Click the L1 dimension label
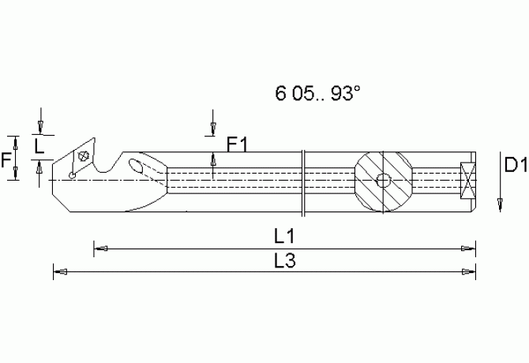click(285, 236)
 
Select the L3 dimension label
click(285, 260)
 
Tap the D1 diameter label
click(515, 165)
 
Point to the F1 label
click(238, 144)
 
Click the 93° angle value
click(344, 94)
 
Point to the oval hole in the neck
click(137, 166)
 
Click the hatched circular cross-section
click(383, 180)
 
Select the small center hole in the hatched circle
click(384, 180)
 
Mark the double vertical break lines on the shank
click(303, 181)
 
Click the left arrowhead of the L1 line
click(99, 249)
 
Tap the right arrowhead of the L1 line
click(471, 249)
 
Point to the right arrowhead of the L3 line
click(471, 272)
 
